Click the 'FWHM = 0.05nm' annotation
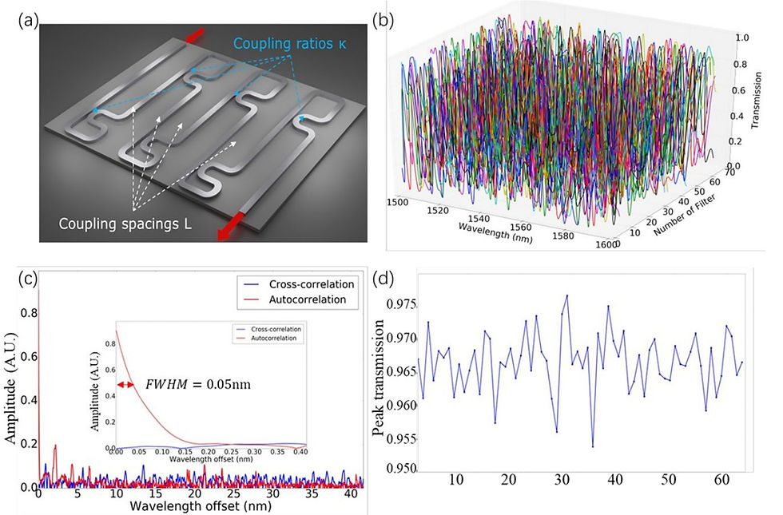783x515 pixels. (x=198, y=384)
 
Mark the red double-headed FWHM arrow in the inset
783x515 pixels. (x=126, y=384)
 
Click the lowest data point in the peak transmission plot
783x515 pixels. (x=592, y=446)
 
